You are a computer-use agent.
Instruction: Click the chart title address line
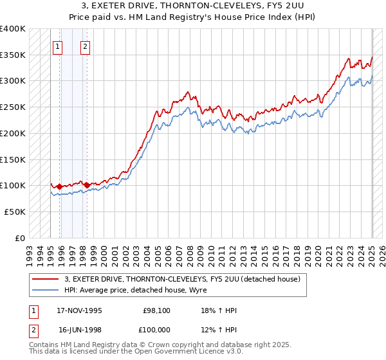pyautogui.click(x=193, y=5)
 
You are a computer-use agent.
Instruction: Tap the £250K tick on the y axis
pyautogui.click(x=13, y=107)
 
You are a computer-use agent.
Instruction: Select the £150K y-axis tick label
pyautogui.click(x=13, y=159)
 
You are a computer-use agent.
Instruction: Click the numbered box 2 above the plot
pyautogui.click(x=86, y=46)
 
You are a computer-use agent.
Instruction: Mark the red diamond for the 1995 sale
pyautogui.click(x=59, y=186)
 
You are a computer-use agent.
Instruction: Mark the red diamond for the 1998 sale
pyautogui.click(x=87, y=185)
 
